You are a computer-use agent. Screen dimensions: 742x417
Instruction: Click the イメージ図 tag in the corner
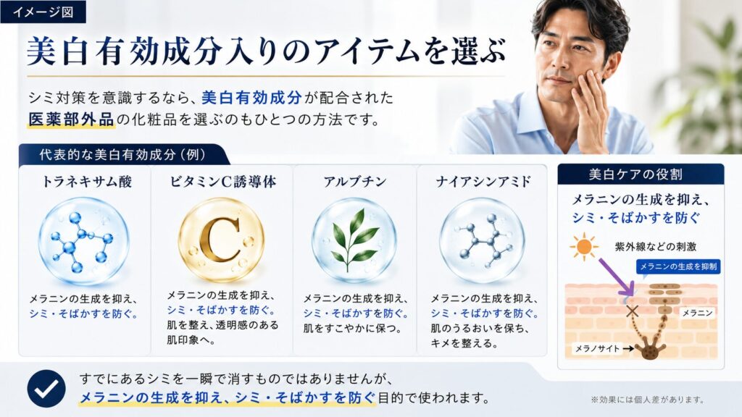(43, 12)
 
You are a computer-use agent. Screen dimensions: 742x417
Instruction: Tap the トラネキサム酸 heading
(87, 182)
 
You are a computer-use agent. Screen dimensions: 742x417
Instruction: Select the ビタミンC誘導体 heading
(223, 182)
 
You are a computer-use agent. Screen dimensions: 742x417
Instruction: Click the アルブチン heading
(355, 182)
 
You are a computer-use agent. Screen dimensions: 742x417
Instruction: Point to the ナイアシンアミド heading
(483, 182)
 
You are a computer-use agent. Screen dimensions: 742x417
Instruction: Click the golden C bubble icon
(222, 240)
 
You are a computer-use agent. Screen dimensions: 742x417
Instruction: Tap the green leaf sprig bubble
(354, 240)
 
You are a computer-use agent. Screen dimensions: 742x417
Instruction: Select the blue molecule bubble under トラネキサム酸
(84, 241)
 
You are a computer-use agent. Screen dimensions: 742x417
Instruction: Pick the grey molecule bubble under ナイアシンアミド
(482, 240)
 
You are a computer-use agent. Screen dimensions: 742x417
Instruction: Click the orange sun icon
(584, 246)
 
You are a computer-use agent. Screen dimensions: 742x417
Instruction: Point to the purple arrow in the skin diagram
(617, 277)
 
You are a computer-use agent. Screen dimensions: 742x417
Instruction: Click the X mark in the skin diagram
(632, 311)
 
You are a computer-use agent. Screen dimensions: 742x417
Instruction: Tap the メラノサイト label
(597, 349)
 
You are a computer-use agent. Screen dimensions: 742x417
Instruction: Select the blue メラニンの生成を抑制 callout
(678, 266)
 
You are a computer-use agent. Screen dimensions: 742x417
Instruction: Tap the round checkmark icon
(46, 388)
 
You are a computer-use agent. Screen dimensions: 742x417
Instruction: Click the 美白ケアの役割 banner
(641, 174)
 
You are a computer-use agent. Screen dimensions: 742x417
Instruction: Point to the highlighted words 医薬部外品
(71, 119)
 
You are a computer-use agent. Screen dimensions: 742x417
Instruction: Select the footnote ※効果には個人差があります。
(647, 400)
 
